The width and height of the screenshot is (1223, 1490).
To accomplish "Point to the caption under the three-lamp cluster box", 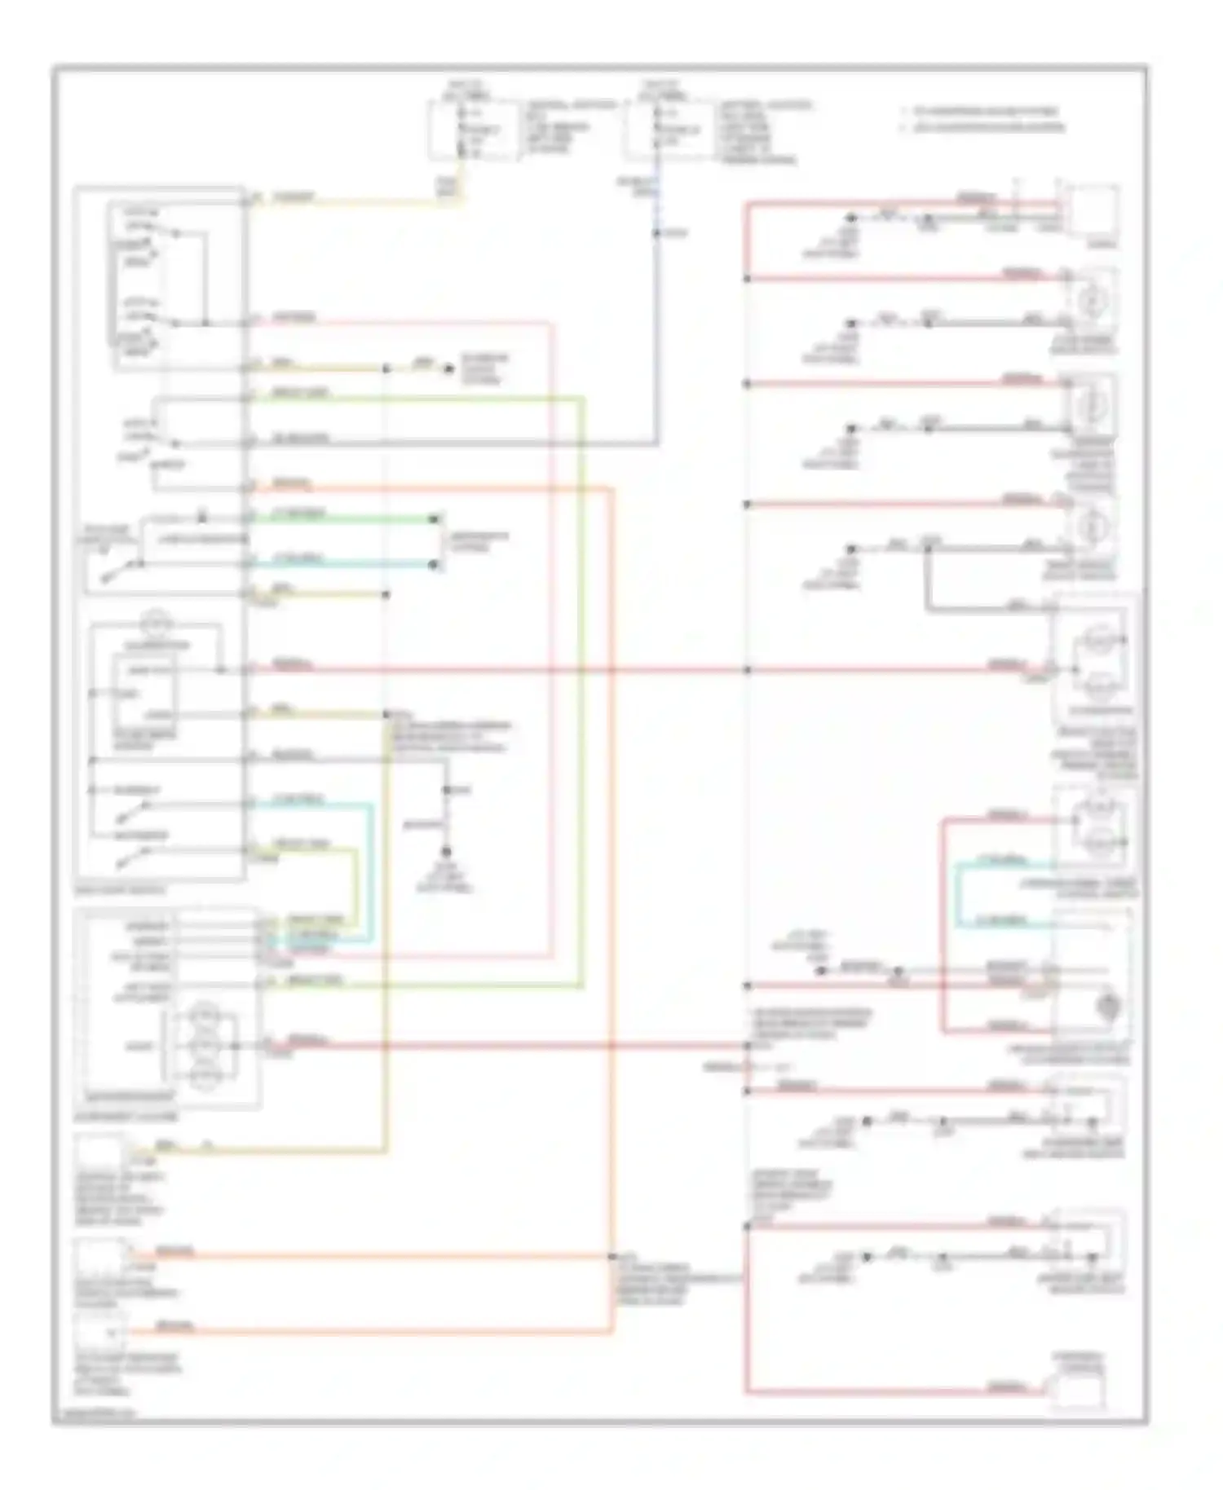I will (126, 1116).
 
